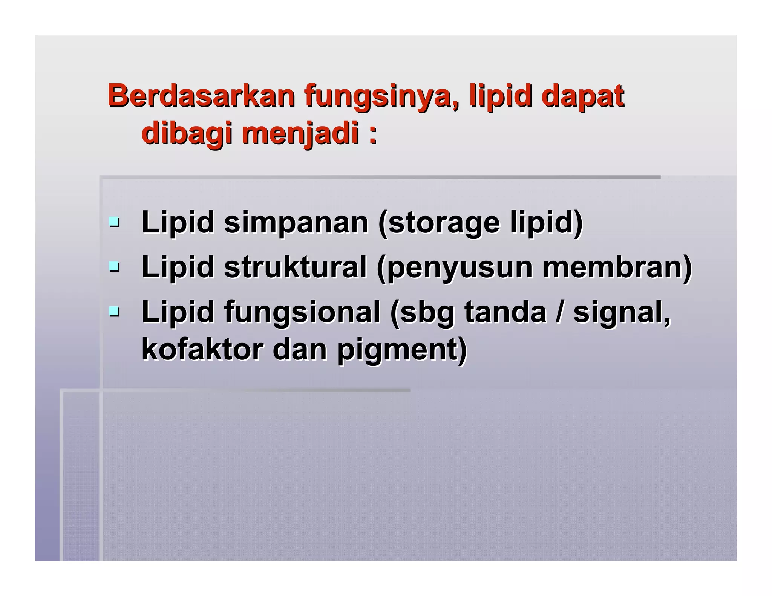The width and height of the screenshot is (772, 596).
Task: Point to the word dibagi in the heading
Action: (187, 134)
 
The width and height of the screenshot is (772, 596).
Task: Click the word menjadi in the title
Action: (300, 134)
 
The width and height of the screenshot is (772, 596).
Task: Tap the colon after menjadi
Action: (372, 135)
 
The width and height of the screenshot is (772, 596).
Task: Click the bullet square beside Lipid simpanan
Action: (114, 222)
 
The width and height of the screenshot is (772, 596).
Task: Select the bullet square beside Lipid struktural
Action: (114, 267)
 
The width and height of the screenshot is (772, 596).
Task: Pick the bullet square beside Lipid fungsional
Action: (114, 312)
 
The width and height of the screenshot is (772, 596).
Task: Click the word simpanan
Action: (296, 223)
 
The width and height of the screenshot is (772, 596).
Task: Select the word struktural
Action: (295, 267)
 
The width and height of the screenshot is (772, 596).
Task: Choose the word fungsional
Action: (302, 312)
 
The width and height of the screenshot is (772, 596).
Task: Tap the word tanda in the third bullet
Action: (505, 312)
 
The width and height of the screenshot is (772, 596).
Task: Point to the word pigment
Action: (401, 350)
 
